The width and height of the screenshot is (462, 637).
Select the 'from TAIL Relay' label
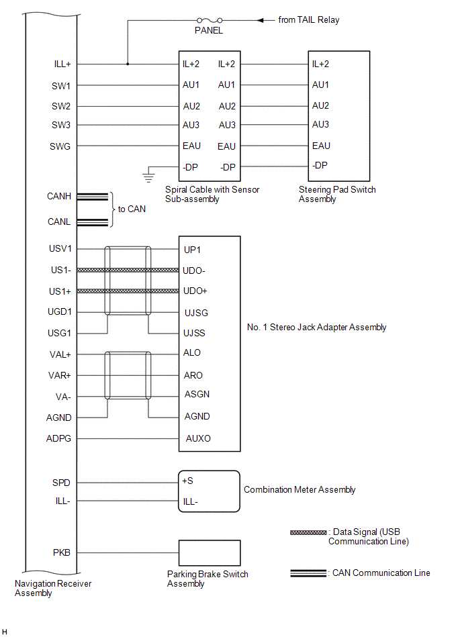309,20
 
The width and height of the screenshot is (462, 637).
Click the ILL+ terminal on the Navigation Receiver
62,64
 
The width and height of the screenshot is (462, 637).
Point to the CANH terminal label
59,197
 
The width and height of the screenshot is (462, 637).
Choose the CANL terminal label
59,222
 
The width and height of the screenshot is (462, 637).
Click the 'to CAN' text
132,209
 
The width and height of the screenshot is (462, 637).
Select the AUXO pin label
198,438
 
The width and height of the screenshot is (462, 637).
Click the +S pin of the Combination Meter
187,481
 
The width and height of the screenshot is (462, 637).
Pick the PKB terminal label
62,553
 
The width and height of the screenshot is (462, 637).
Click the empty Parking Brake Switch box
208,553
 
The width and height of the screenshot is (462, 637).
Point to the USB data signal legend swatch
308,532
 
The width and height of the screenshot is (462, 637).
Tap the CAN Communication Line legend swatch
309,573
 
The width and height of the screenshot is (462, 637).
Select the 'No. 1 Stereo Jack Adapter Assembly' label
317,328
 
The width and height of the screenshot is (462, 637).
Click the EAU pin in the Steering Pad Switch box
321,146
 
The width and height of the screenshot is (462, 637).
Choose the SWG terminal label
60,146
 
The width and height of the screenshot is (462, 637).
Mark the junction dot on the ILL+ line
128,64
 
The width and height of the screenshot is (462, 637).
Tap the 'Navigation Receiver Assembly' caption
53,589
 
